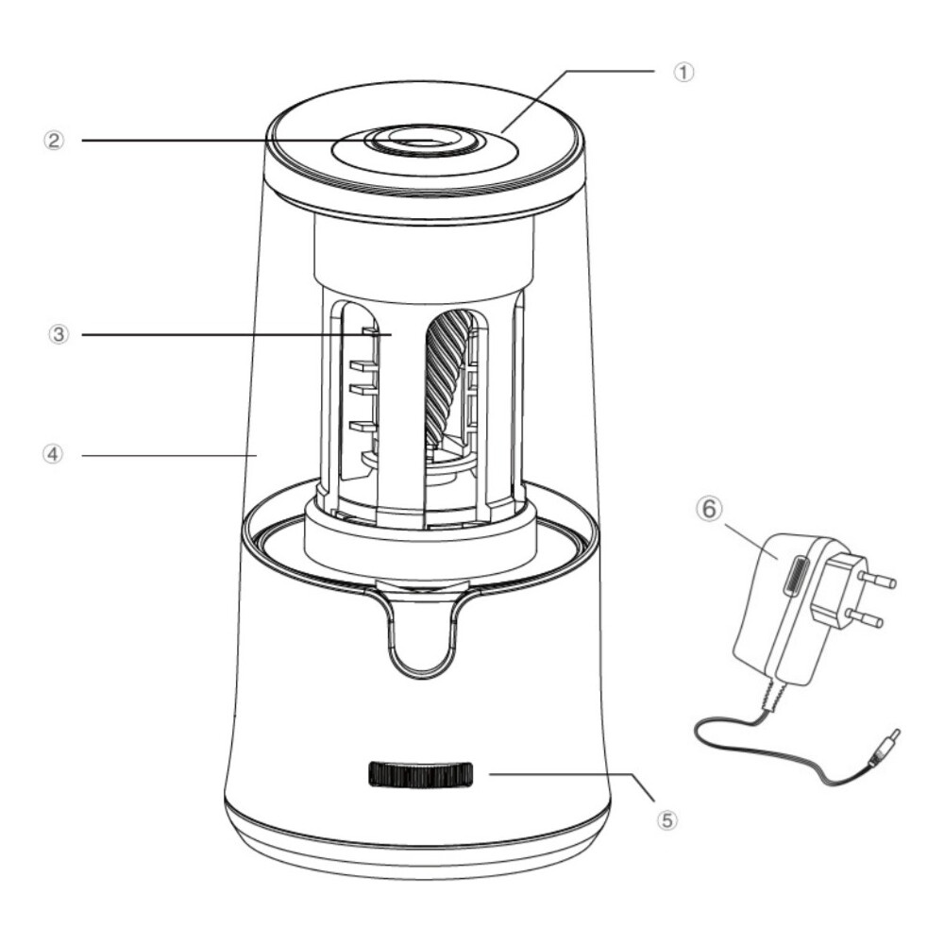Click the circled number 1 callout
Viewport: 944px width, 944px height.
683,73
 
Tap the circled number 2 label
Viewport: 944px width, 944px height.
54,141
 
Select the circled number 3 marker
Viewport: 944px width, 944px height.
59,334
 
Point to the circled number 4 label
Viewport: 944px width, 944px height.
53,454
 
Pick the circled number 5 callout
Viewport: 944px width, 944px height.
666,820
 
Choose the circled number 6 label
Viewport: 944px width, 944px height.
709,509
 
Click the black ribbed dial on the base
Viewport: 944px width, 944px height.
420,774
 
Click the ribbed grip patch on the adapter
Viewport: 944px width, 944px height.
794,576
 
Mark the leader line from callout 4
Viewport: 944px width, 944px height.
170,456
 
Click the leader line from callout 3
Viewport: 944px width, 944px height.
237,335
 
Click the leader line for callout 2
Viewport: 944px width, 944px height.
258,141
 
